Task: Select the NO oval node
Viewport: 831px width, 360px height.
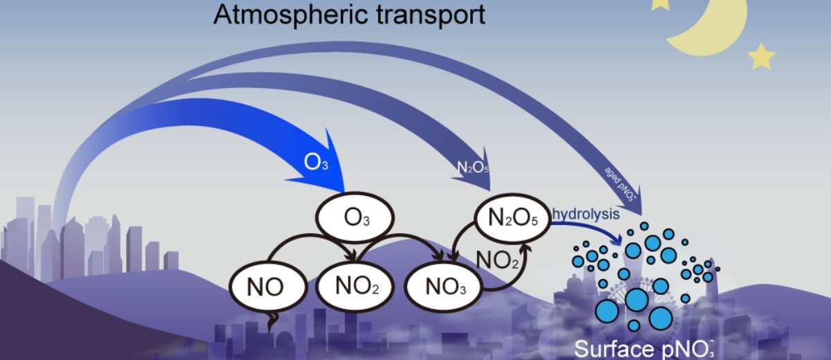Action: coord(265,285)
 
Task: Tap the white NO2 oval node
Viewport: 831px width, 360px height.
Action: coord(355,285)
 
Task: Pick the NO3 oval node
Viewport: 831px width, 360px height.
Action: coord(442,286)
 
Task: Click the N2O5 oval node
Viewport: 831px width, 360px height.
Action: coord(512,219)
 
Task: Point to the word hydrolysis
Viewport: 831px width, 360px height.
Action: coord(587,213)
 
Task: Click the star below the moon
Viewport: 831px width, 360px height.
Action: coord(761,56)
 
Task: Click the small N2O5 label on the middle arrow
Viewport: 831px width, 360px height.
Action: coord(473,167)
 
